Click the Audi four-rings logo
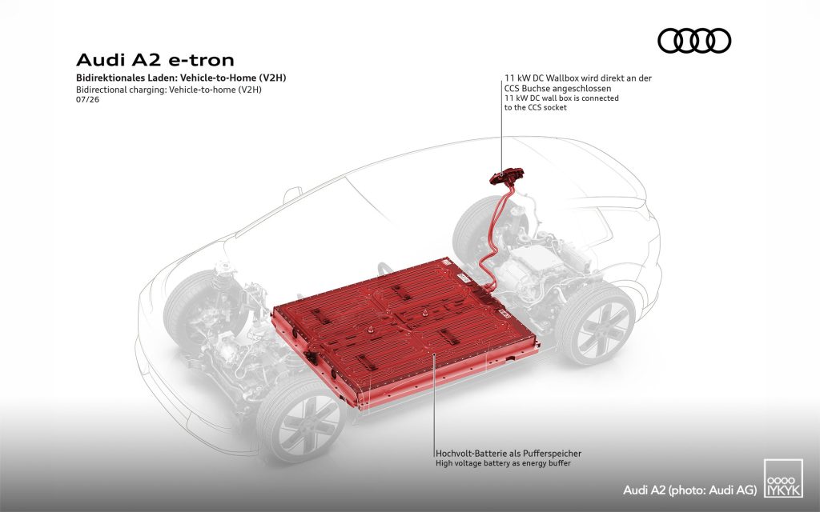coord(694,41)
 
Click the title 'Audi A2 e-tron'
coord(155,59)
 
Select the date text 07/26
coord(87,99)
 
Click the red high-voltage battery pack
coord(405,332)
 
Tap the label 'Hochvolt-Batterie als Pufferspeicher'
coord(508,454)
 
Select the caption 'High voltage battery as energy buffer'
coord(503,463)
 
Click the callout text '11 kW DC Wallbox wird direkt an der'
coord(578,78)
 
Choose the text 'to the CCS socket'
coord(536,108)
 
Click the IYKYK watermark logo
coord(783,478)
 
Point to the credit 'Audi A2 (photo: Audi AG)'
coord(689,490)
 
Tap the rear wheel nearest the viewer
coord(596,325)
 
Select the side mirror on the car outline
coord(292,195)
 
